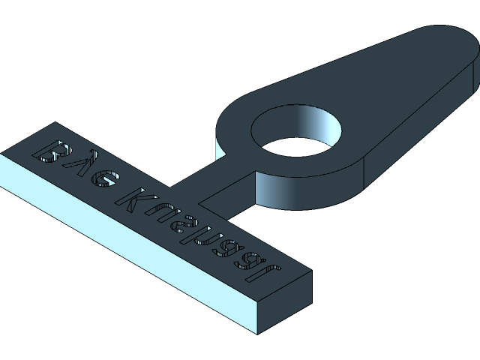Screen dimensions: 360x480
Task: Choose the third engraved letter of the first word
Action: coord(105,180)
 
